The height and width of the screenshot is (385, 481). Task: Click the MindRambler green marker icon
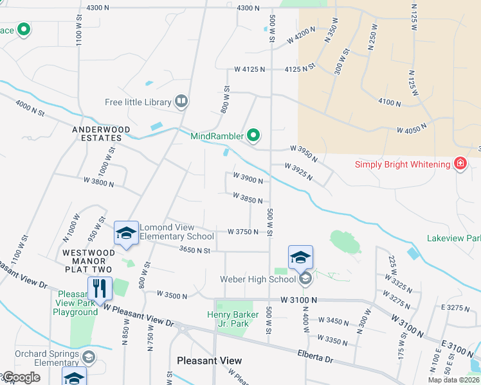(x=253, y=135)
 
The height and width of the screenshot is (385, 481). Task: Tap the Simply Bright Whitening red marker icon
(x=460, y=164)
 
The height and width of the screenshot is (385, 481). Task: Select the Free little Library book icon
(x=182, y=101)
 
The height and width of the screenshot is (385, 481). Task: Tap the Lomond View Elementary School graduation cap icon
(x=126, y=235)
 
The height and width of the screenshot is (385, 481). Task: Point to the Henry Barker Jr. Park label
(x=233, y=319)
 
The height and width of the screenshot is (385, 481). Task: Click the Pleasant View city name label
(x=210, y=361)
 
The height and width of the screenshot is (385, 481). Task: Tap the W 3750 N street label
(x=243, y=232)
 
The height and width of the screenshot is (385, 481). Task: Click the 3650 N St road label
(x=195, y=250)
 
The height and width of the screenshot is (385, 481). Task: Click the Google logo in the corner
(x=21, y=377)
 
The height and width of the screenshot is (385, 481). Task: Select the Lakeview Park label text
(x=453, y=238)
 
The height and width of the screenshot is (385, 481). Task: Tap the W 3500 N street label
(x=172, y=296)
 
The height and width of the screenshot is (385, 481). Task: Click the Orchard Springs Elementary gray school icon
(x=89, y=357)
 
